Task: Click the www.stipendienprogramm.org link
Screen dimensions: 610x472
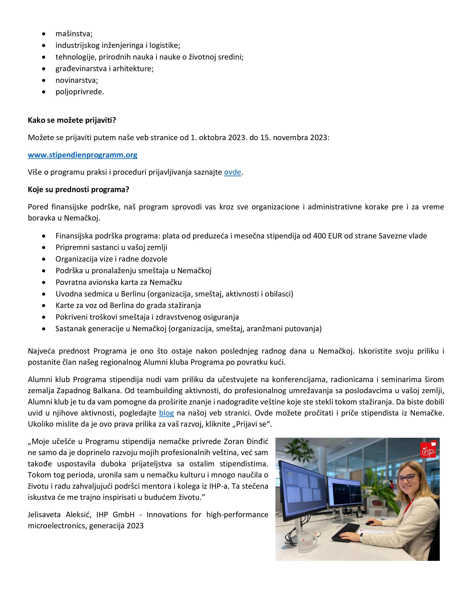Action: (83, 155)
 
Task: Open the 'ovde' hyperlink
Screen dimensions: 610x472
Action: (232, 172)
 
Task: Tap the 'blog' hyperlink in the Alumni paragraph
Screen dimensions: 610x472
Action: (166, 413)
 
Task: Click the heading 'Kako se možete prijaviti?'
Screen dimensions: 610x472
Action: (72, 120)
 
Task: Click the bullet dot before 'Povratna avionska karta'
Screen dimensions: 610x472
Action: (44, 282)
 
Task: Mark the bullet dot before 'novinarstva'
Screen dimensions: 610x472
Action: (44, 80)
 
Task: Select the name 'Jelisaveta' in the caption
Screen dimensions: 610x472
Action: (44, 514)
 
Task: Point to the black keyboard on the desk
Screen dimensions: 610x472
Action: (346, 531)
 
